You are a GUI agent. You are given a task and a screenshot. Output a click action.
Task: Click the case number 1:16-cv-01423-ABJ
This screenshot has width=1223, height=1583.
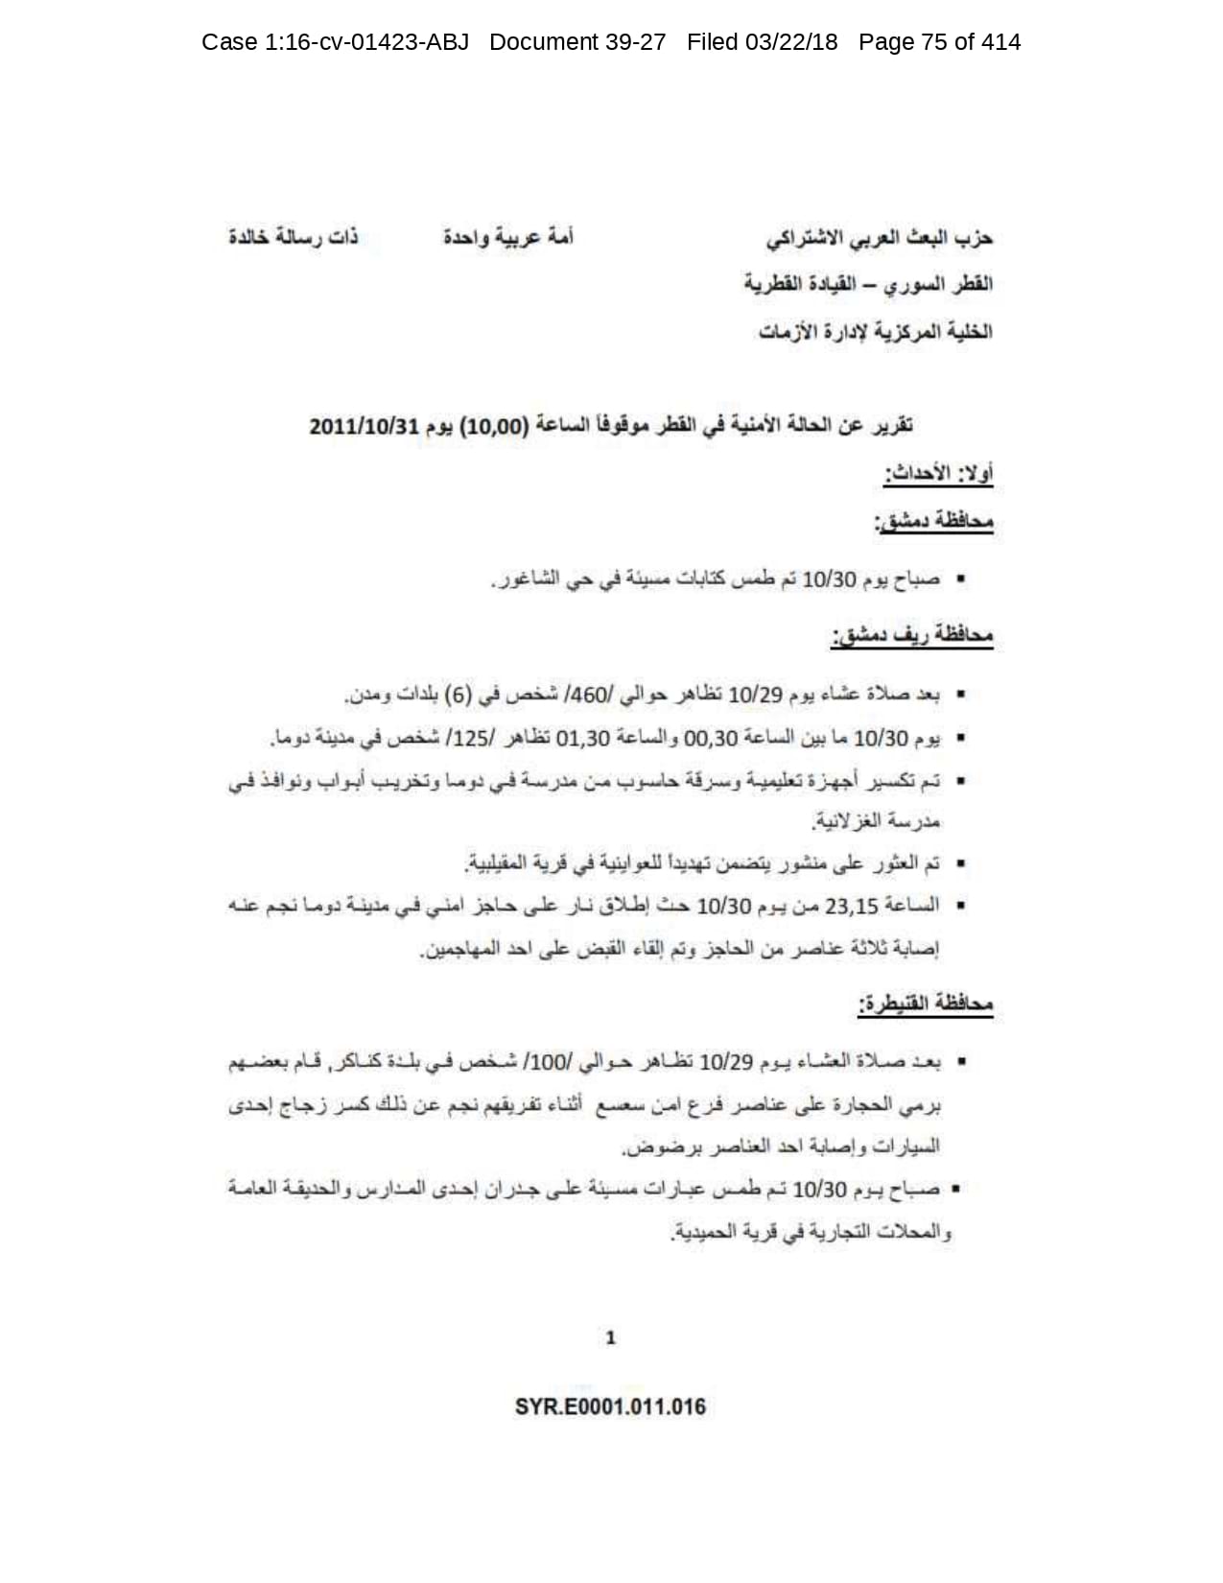(x=365, y=42)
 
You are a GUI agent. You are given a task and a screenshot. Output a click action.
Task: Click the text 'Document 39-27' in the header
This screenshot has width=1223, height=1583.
(x=577, y=42)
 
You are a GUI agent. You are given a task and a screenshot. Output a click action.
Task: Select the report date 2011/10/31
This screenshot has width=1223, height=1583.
(x=364, y=426)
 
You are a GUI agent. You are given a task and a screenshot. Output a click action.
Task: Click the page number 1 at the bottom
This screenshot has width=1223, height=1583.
(x=611, y=1337)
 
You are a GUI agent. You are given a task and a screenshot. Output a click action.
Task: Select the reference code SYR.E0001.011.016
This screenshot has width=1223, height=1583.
(x=610, y=1407)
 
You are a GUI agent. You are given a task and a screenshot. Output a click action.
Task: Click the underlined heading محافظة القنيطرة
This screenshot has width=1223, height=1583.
(x=926, y=1004)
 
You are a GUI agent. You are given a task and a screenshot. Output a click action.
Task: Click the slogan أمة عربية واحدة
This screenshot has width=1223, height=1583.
(x=507, y=237)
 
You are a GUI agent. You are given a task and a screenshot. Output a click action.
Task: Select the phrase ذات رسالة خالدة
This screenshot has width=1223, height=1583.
(x=293, y=237)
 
